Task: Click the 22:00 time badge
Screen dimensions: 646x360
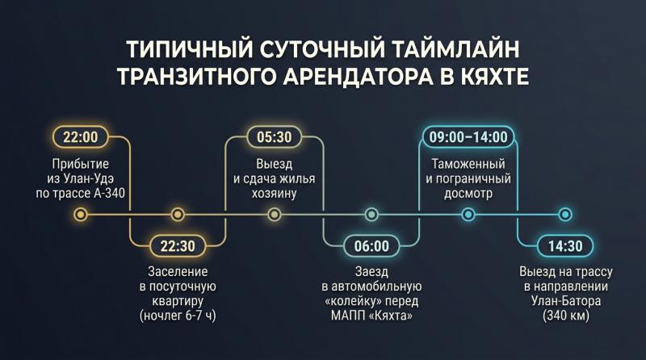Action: [x=80, y=137]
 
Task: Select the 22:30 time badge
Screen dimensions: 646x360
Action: [x=178, y=246]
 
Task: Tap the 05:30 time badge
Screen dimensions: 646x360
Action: [x=275, y=137]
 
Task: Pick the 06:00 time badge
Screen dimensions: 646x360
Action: [x=371, y=246]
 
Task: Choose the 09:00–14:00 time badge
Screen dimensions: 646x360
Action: [x=468, y=137]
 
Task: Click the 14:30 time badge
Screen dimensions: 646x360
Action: [x=565, y=246]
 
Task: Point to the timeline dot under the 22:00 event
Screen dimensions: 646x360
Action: [x=81, y=215]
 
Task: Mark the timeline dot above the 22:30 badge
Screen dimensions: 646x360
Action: [x=178, y=215]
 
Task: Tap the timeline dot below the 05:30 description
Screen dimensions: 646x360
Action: [x=275, y=215]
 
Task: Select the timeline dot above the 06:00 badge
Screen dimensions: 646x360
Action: [x=371, y=215]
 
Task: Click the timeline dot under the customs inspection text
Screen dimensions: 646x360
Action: [x=468, y=215]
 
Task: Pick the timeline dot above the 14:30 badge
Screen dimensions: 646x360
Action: [x=565, y=215]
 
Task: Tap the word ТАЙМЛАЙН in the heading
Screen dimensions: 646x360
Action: [x=455, y=48]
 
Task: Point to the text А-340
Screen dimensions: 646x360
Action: [x=109, y=193]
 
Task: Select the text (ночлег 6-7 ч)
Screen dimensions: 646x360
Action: [x=178, y=316]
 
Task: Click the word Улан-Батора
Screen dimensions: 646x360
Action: [x=566, y=301]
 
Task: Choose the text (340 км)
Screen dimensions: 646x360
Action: [x=566, y=316]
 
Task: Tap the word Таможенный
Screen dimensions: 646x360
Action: [x=468, y=164]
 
